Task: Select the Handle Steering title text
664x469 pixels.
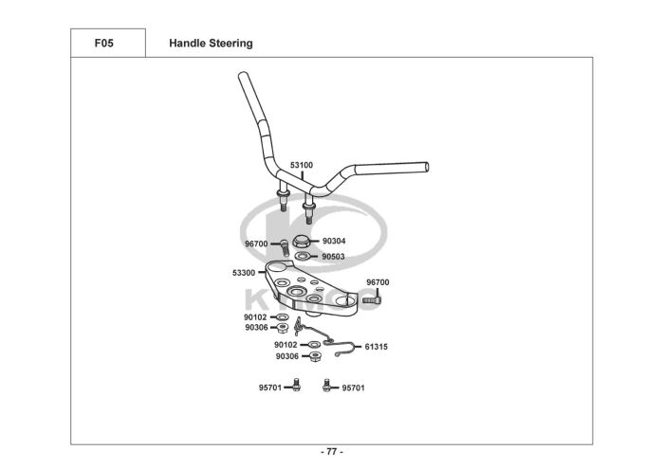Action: coord(210,44)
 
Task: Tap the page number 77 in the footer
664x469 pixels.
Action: coord(331,451)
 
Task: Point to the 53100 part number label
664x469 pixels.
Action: coord(301,165)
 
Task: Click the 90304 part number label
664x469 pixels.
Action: coord(334,241)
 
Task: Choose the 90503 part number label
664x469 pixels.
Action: coord(334,256)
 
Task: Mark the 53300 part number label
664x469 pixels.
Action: coord(244,273)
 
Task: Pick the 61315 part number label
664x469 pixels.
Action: coord(376,347)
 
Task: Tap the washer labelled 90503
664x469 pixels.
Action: coord(301,256)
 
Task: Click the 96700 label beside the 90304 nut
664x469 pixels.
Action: coord(256,244)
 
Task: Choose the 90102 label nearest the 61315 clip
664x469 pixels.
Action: coord(286,345)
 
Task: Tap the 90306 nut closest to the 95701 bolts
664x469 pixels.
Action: coord(316,356)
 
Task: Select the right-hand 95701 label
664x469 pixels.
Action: coord(354,388)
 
